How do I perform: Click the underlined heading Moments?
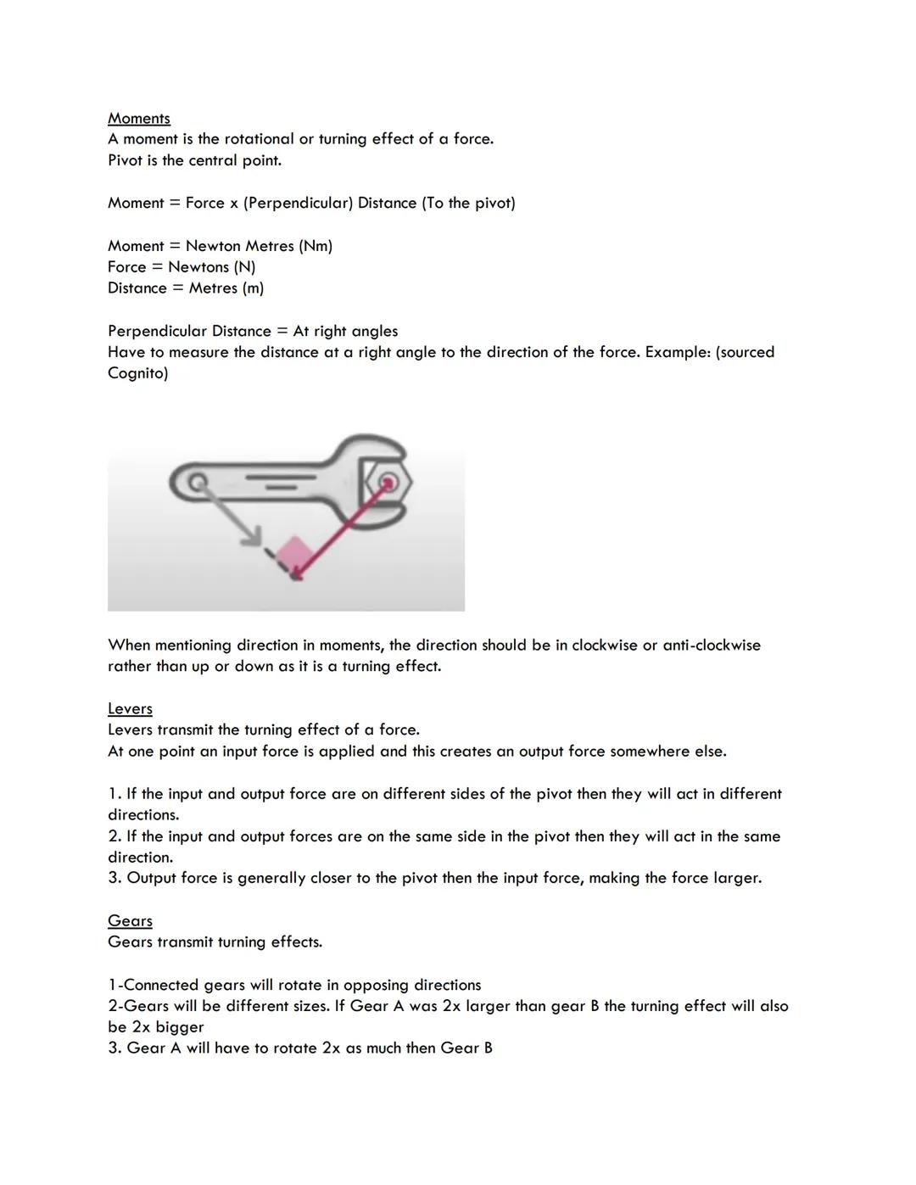tap(139, 119)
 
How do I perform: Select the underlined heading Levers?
tap(130, 709)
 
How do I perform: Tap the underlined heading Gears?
tap(130, 921)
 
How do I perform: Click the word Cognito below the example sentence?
tap(137, 373)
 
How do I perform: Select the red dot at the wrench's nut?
tap(388, 483)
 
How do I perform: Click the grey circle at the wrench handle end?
tap(197, 483)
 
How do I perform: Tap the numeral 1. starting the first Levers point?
tap(114, 794)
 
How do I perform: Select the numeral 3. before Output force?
tap(114, 879)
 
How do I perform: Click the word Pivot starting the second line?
tap(126, 161)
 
